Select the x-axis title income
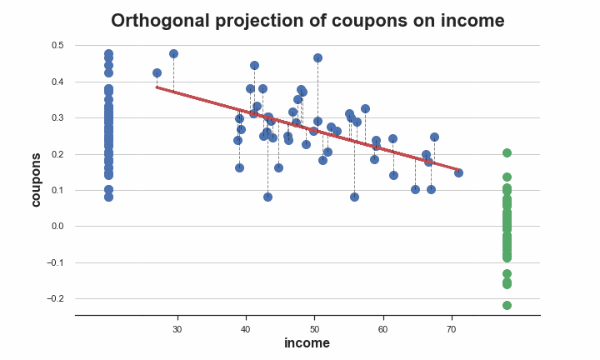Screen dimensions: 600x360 (x=307, y=342)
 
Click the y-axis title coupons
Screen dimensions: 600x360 (x=36, y=180)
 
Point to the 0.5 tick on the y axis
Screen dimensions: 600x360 (x=57, y=45)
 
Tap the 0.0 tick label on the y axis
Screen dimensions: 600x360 (x=57, y=226)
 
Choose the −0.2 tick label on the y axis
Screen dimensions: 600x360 (x=55, y=298)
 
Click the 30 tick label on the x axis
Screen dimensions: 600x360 (x=177, y=329)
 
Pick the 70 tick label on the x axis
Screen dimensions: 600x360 (x=452, y=329)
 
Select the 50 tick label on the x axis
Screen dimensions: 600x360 (x=314, y=329)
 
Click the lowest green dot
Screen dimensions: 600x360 (x=507, y=305)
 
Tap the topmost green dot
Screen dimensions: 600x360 (x=507, y=153)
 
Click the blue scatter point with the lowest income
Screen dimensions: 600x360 (x=157, y=72)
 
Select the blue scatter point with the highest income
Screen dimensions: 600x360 (x=459, y=173)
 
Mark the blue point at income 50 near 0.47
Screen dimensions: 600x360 (x=317, y=58)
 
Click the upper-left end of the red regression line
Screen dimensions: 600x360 (x=157, y=87)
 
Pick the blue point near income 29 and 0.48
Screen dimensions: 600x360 (x=173, y=53)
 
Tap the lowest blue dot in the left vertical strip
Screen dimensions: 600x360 (x=108, y=197)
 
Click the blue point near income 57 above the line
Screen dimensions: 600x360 (x=366, y=109)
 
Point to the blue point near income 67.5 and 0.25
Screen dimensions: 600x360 (x=434, y=137)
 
